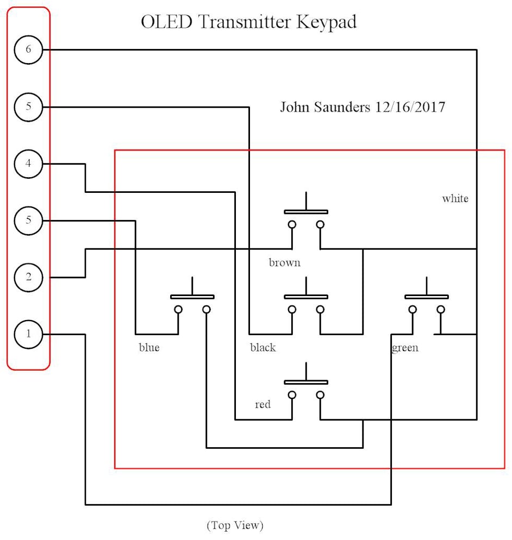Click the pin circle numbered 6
[x=29, y=49]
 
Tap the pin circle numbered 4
[x=29, y=163]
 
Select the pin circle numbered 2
[x=29, y=277]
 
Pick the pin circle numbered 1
[x=29, y=334]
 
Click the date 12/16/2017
[x=410, y=107]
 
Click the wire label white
[x=455, y=199]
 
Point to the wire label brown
[x=284, y=263]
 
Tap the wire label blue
[x=149, y=348]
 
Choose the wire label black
[x=263, y=348]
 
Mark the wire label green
[x=405, y=348]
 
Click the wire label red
[x=263, y=405]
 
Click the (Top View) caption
[x=235, y=525]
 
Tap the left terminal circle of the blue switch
[x=178, y=310]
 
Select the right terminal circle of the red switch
[x=320, y=395]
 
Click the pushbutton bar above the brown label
[x=306, y=211]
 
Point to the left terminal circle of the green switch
[x=413, y=310]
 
